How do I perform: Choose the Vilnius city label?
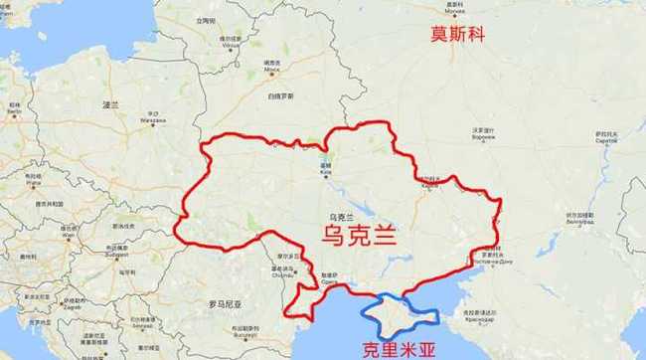pyautogui.click(x=231, y=44)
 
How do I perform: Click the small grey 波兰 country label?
pyautogui.click(x=109, y=103)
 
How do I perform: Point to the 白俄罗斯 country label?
pyautogui.click(x=280, y=95)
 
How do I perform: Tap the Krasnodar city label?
pyautogui.click(x=485, y=323)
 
